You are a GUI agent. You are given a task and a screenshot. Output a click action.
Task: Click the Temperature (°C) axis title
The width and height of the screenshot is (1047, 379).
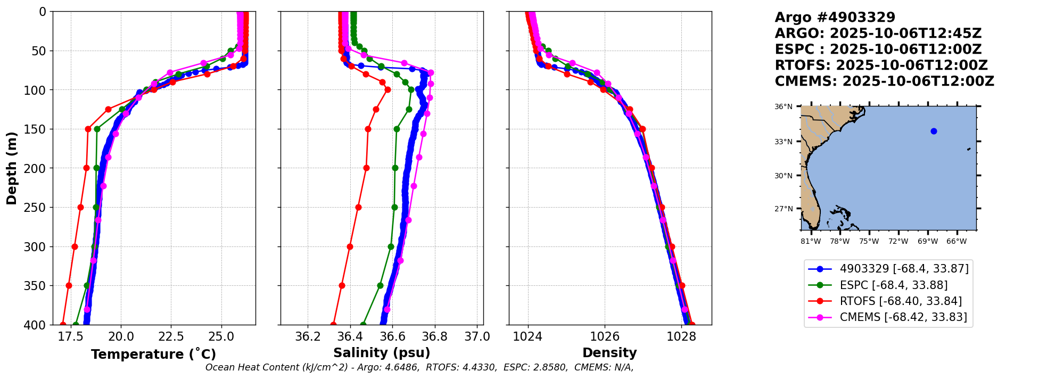click(153, 355)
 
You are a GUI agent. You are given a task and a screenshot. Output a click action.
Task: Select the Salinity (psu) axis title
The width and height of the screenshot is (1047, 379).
click(382, 353)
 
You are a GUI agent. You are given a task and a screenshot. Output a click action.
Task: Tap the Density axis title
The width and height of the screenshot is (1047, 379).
click(609, 353)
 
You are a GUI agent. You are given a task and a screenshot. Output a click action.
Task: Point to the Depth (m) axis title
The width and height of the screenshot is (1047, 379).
click(12, 168)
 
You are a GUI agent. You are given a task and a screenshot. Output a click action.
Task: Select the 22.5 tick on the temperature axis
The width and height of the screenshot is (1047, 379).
click(171, 337)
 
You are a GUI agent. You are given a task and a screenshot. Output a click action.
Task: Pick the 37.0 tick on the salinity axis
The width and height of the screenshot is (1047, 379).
click(477, 337)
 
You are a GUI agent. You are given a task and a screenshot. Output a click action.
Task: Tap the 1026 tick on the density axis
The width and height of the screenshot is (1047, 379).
click(605, 337)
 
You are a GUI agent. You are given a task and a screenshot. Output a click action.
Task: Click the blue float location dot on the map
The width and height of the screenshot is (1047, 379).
click(934, 131)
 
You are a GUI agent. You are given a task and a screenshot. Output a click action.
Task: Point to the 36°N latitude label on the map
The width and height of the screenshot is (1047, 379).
click(784, 107)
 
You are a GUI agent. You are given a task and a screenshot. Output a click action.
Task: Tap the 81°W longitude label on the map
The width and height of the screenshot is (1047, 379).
click(811, 242)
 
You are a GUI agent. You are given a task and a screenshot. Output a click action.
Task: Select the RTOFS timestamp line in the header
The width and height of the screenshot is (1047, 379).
click(881, 65)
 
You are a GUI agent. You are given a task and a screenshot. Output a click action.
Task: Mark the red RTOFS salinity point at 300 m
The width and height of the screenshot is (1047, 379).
click(350, 246)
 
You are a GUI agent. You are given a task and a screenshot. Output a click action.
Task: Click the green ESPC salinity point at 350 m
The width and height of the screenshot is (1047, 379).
click(380, 286)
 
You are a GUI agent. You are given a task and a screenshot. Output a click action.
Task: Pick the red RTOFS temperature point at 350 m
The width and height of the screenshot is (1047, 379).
click(69, 286)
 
